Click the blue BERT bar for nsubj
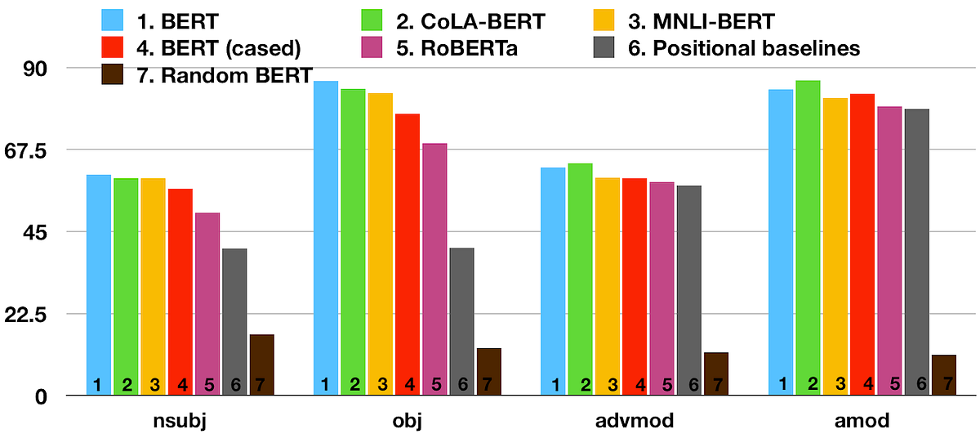click(98, 285)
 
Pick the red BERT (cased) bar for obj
click(407, 254)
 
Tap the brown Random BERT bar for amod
click(943, 375)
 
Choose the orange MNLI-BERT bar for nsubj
click(153, 287)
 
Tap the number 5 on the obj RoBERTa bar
click(436, 384)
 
